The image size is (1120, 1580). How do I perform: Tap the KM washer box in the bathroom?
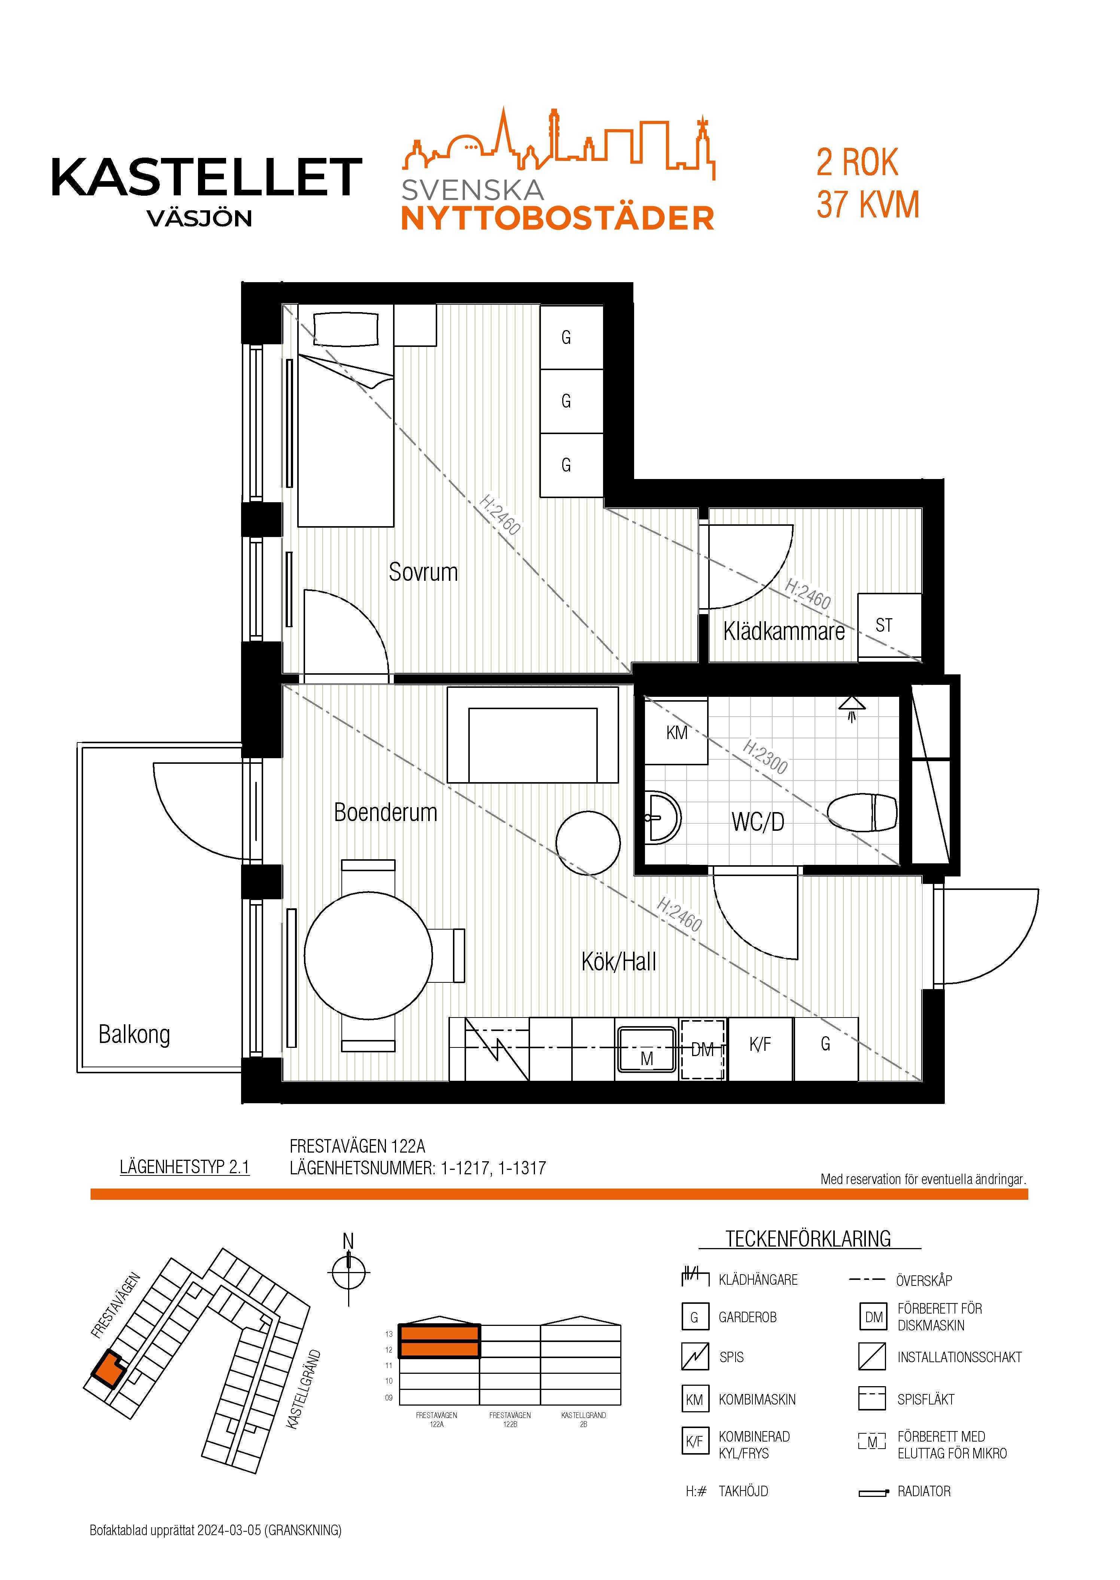[676, 732]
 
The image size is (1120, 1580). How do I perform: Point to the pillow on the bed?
[346, 330]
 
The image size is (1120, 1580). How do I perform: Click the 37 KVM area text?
[868, 205]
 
